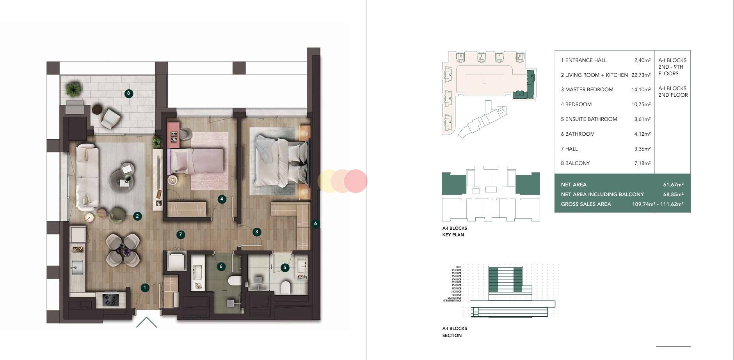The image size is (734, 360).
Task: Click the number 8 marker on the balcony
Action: [128, 94]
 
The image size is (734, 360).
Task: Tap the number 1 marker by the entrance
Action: [144, 288]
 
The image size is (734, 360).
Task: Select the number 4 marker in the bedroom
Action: [222, 199]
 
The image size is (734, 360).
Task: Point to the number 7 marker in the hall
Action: [180, 235]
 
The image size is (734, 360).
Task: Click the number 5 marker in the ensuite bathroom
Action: [285, 268]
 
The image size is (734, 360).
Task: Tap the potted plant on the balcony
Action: [73, 89]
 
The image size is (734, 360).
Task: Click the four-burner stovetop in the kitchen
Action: [110, 300]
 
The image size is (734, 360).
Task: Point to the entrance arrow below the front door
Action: [146, 322]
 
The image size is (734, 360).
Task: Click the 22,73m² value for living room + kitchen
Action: [641, 75]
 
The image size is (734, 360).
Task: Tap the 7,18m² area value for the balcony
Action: [642, 163]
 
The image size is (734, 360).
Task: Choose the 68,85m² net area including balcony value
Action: [673, 194]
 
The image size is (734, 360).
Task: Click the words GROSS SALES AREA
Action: [586, 204]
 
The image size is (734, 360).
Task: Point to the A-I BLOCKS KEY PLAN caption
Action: [455, 231]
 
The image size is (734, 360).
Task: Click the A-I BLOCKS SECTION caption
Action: [455, 332]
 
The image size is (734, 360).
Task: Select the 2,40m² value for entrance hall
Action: [642, 60]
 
